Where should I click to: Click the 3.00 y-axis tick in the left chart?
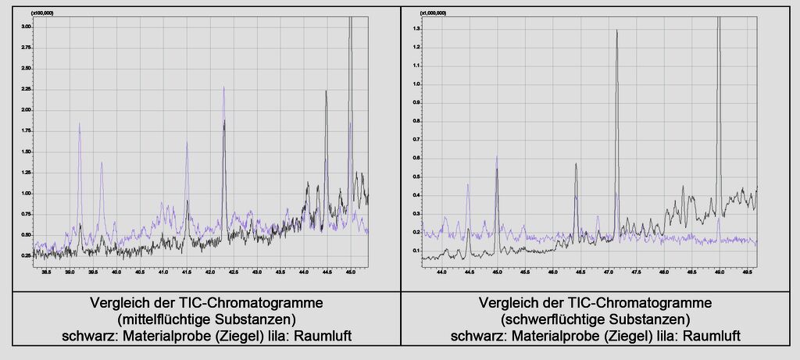click(27, 27)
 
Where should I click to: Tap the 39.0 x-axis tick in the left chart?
click(70, 273)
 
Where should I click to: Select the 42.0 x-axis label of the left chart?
click(210, 273)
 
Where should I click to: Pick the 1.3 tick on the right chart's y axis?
click(416, 29)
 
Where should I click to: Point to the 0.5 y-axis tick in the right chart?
click(416, 176)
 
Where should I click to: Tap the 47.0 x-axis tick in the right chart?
click(608, 273)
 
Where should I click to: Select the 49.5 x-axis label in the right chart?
click(747, 273)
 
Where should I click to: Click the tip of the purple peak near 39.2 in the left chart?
click(79, 123)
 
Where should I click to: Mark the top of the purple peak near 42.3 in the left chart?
click(223, 87)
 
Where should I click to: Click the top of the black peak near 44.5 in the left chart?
click(327, 91)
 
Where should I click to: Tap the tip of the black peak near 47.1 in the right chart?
click(617, 30)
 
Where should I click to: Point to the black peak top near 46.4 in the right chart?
click(576, 164)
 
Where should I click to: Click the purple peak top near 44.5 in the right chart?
click(467, 184)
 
